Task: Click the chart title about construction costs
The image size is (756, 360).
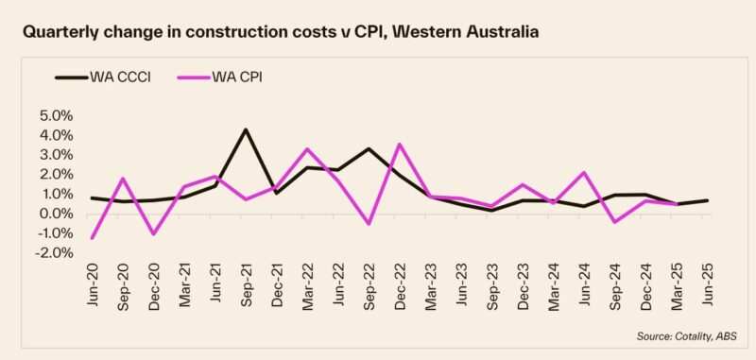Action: tap(281, 32)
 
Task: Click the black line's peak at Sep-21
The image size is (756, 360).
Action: tap(246, 129)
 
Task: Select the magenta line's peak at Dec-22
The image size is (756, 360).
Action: tap(400, 144)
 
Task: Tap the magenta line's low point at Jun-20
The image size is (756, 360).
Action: tap(92, 238)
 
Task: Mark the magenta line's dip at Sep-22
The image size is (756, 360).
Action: tap(369, 224)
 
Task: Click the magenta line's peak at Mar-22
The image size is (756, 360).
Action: tap(307, 148)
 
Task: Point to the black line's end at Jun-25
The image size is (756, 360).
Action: tap(707, 200)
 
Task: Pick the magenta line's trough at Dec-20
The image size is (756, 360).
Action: tap(153, 234)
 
